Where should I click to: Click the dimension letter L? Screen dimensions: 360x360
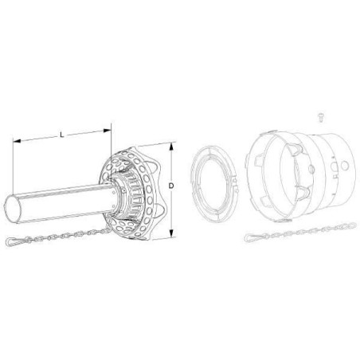62,135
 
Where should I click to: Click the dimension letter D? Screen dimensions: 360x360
171,186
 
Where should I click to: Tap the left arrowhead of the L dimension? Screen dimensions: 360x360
17,141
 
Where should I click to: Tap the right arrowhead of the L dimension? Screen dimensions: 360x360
107,131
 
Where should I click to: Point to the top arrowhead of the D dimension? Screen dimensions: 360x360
172,147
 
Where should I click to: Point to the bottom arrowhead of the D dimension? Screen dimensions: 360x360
172,233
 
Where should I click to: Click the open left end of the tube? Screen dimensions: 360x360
13,209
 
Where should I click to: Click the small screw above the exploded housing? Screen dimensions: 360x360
321,118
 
